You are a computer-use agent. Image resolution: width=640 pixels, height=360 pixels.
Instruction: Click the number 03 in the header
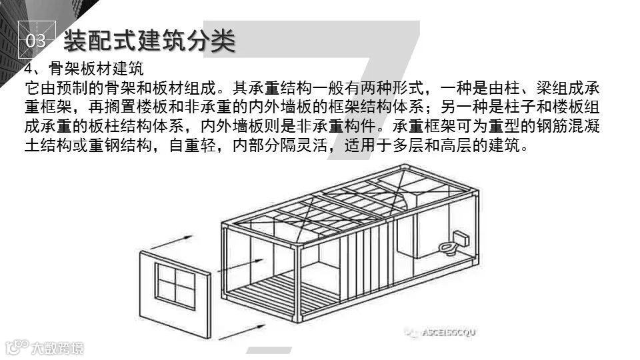35,41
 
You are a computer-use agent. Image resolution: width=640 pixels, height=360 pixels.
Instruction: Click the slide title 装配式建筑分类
149,40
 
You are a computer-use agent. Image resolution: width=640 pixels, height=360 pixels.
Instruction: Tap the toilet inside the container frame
448,247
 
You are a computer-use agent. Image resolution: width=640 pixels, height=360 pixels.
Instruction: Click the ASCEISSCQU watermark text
448,331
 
